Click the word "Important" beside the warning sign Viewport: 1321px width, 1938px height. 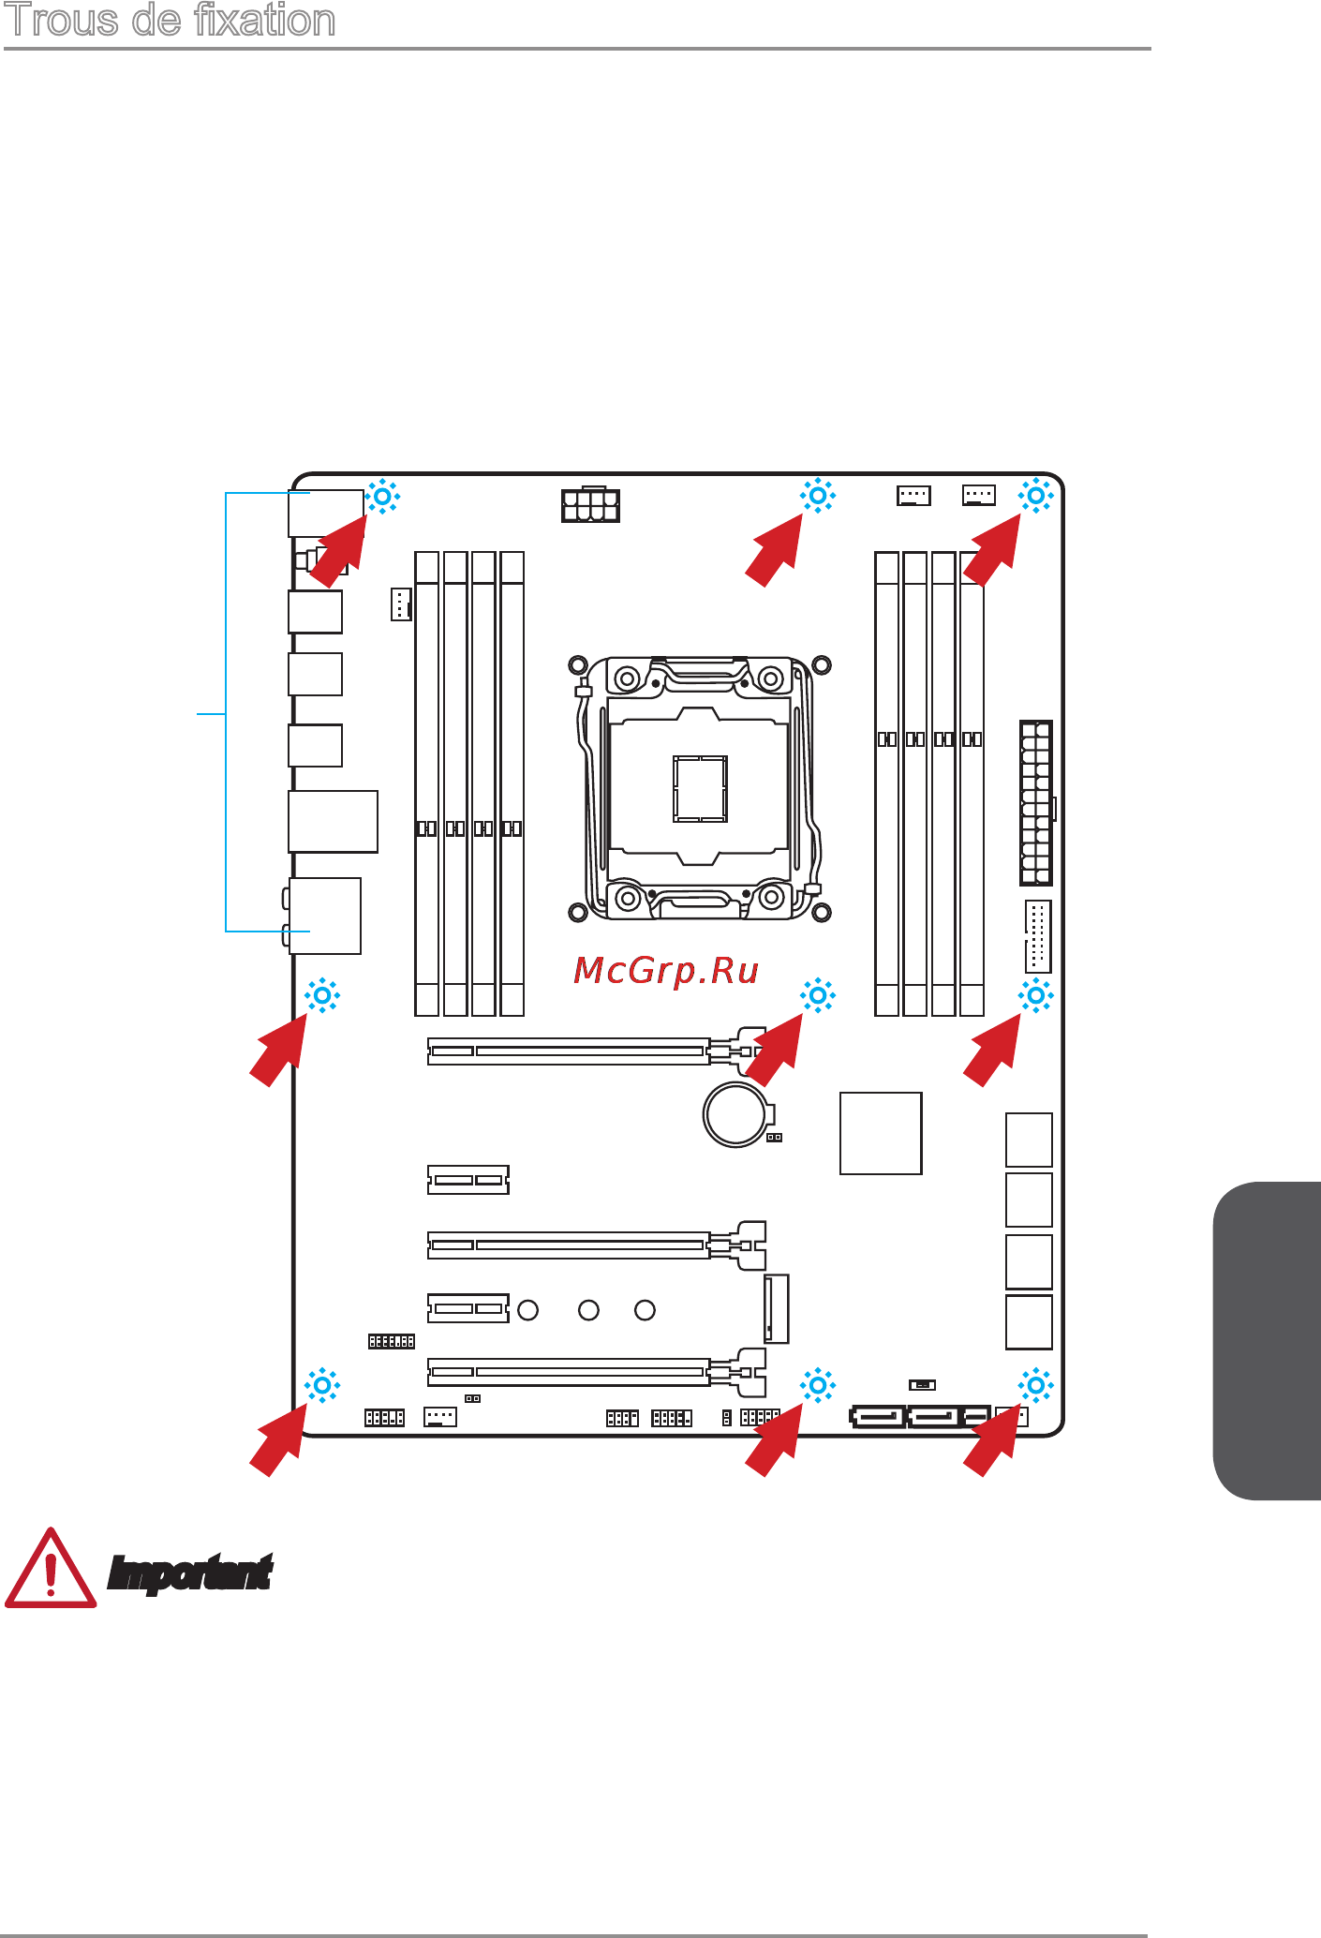pos(190,1573)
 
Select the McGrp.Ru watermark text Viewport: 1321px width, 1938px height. pos(666,971)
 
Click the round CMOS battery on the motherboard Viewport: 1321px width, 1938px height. pos(738,1114)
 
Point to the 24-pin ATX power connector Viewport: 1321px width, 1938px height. pos(1036,803)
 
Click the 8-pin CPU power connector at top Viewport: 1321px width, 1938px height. pos(590,504)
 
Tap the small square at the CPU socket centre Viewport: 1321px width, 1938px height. pos(700,788)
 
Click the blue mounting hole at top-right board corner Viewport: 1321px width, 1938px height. pos(1036,495)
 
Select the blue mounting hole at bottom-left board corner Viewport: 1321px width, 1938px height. pos(322,1385)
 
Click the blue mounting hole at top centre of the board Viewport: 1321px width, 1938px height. pos(818,495)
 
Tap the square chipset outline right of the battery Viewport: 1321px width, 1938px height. pos(881,1133)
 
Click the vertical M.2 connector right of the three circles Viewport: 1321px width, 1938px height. pos(777,1309)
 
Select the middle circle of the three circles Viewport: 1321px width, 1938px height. pos(588,1310)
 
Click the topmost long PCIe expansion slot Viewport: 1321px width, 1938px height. pos(597,1051)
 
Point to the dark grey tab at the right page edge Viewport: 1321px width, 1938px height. pos(1268,1341)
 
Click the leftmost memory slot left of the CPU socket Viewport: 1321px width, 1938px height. pos(427,783)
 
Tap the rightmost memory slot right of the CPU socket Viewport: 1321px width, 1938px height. pos(972,783)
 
